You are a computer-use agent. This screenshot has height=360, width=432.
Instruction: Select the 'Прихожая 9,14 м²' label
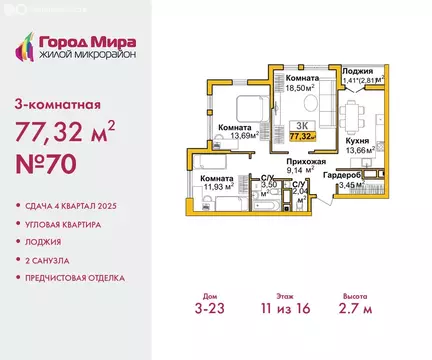coord(300,165)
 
